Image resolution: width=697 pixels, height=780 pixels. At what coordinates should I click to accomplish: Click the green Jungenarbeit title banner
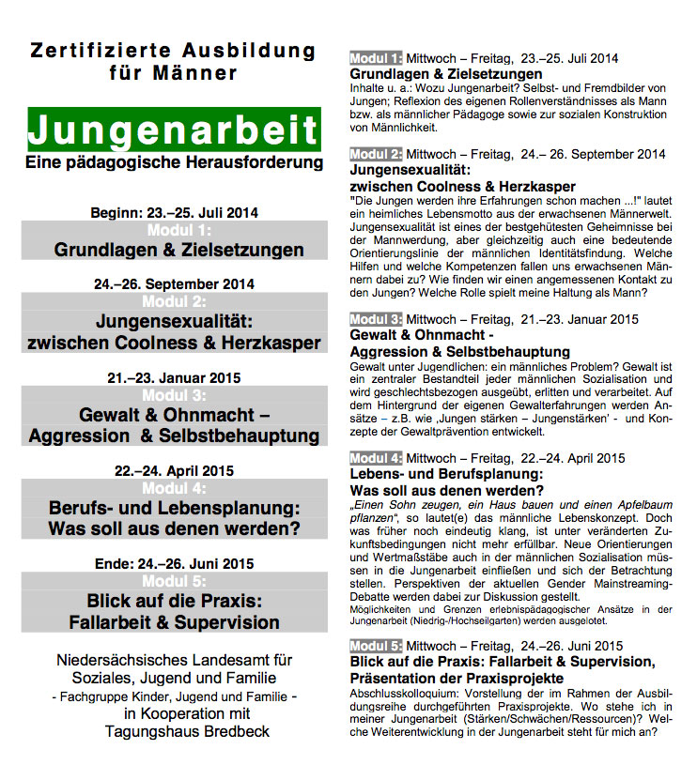(x=174, y=130)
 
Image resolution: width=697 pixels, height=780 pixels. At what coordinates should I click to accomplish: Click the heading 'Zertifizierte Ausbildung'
(x=174, y=50)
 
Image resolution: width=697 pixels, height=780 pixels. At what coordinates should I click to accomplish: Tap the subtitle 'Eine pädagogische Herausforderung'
(x=174, y=163)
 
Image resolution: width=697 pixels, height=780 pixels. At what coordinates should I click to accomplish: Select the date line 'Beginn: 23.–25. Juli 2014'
(x=174, y=213)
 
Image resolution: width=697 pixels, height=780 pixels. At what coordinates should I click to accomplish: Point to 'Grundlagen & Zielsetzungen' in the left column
(x=178, y=250)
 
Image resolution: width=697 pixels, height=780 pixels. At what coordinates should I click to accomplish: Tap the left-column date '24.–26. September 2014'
(x=174, y=283)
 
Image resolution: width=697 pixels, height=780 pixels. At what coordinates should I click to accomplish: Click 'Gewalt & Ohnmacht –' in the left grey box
(x=175, y=415)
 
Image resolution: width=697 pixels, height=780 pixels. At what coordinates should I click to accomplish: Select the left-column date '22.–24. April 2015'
(x=174, y=470)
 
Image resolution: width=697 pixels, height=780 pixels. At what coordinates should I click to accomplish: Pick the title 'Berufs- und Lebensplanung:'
(x=175, y=507)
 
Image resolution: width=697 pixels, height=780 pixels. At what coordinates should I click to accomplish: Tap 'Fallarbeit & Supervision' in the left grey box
(x=175, y=622)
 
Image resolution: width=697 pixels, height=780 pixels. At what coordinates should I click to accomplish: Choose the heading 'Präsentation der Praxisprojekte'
(x=457, y=678)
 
